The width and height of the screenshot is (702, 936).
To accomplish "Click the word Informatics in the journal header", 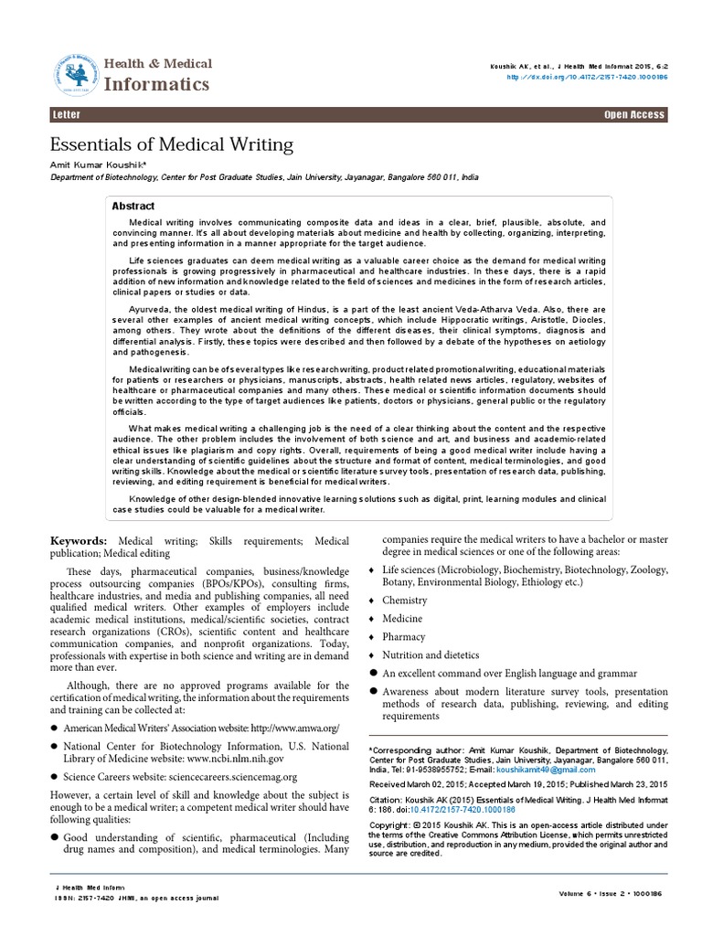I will (160, 85).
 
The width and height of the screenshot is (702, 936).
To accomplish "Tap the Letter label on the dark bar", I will (66, 115).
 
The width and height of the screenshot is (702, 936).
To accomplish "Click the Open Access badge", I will (634, 115).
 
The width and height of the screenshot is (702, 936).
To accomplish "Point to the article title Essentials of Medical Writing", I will (171, 144).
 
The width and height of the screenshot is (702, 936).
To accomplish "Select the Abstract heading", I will (133, 207).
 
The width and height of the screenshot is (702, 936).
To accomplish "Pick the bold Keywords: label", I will (80, 543).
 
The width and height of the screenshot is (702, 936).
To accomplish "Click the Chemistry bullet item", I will (405, 601).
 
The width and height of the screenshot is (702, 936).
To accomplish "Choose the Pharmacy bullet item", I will (404, 637).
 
